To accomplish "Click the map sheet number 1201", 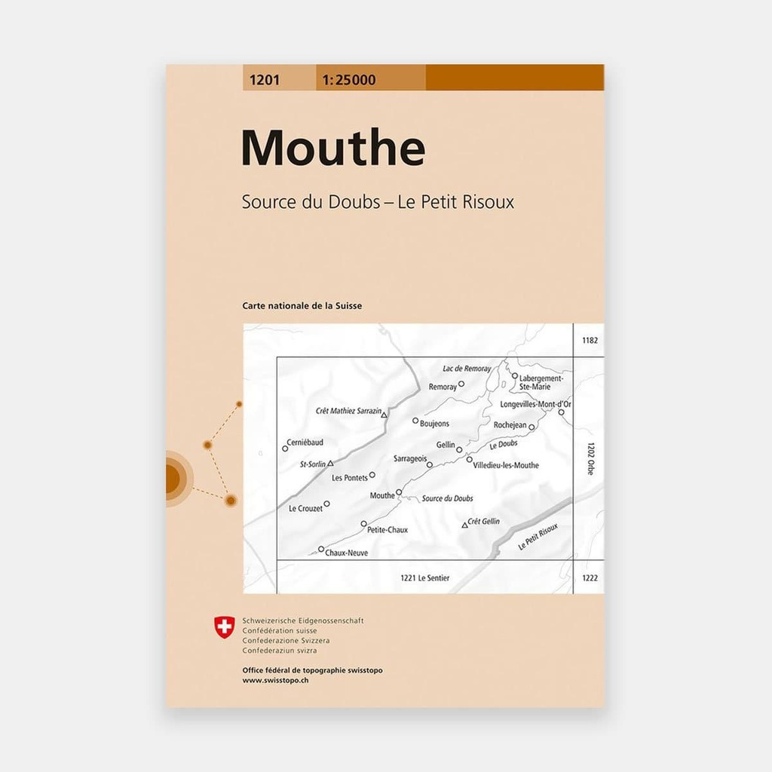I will click(262, 78).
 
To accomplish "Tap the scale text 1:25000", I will click(348, 78).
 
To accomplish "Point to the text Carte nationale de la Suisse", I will click(302, 306).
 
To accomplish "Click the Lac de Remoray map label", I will click(467, 369).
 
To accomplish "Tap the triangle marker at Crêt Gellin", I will click(464, 525).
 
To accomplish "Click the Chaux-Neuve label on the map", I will click(345, 553).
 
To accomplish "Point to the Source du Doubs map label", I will click(447, 498).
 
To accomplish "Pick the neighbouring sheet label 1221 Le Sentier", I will click(425, 578).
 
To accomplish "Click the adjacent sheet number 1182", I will click(590, 341).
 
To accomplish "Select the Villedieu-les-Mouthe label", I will click(506, 465).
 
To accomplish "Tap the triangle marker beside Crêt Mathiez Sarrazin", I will click(384, 415).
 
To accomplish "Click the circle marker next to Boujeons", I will click(415, 421).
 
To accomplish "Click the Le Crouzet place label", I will click(305, 509).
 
